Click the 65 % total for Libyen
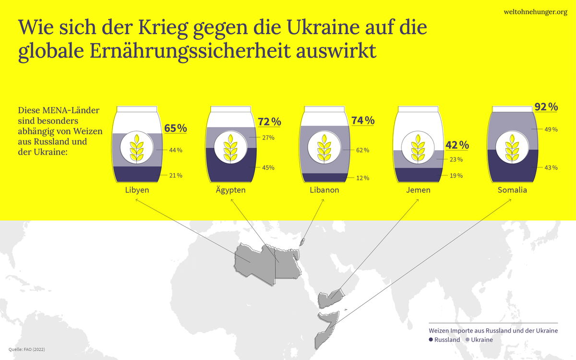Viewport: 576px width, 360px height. [175, 129]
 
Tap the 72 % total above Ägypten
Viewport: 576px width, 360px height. [269, 122]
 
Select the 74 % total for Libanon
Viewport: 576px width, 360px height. [362, 120]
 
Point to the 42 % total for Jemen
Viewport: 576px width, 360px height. [457, 145]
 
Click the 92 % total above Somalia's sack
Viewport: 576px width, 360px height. [546, 107]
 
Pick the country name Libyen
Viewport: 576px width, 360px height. [137, 190]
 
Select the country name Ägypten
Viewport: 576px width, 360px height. [230, 190]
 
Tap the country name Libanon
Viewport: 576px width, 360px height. [324, 190]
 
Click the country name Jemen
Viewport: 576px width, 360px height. [418, 190]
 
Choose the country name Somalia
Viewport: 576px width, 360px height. [512, 190]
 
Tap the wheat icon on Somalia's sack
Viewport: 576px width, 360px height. [512, 147]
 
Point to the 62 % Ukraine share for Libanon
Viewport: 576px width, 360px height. [363, 150]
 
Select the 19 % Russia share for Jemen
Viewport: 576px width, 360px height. [456, 176]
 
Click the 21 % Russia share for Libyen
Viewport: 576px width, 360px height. [176, 175]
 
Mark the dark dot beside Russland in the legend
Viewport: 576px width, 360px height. [431, 340]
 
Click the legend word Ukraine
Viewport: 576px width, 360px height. [482, 340]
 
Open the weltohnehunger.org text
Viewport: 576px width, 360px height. [535, 12]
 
